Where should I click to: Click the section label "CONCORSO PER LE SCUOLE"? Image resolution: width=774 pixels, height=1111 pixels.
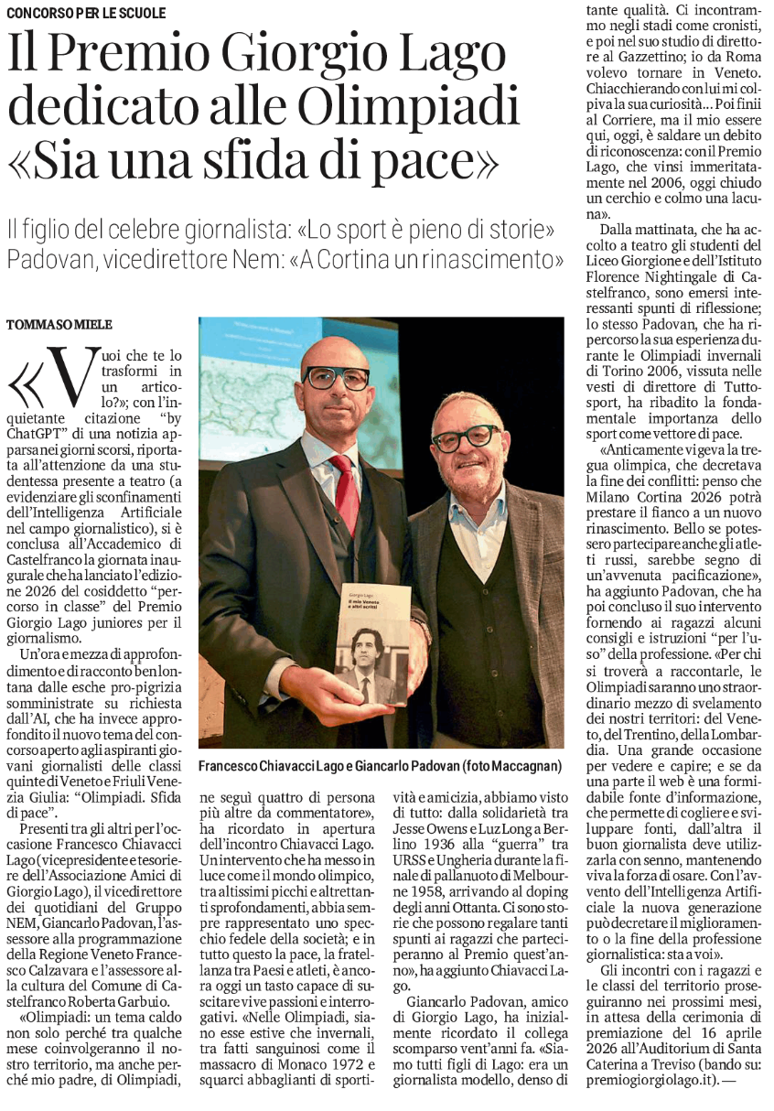(89, 14)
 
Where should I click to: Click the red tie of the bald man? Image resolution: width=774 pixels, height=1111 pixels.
(346, 493)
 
